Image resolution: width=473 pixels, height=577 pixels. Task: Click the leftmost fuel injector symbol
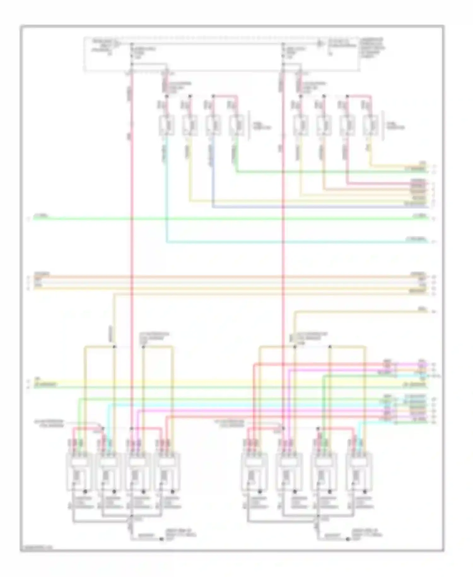[167, 126]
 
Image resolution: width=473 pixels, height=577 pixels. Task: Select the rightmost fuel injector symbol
[371, 126]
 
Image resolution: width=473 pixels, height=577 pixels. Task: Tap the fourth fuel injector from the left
[237, 126]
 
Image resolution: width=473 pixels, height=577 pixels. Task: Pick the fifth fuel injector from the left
[300, 126]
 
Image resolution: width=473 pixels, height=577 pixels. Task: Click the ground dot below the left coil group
[161, 539]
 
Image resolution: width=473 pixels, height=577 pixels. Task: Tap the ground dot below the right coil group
[347, 539]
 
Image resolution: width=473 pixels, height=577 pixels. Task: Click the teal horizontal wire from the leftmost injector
[284, 242]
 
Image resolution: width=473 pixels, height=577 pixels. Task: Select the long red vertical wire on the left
[131, 253]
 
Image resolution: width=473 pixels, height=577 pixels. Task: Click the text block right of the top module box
[372, 47]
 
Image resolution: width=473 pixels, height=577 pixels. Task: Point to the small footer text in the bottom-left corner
[37, 548]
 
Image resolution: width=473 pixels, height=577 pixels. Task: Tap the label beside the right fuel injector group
[395, 126]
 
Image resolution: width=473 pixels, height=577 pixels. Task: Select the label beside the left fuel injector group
[261, 126]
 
